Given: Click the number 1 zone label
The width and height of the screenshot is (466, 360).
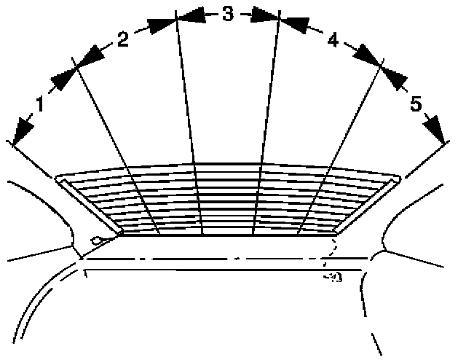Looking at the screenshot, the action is pos(40,105).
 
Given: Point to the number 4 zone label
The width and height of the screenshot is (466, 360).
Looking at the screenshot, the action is pos(333,41).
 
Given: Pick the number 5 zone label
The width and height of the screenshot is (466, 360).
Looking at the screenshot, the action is pos(415,105).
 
